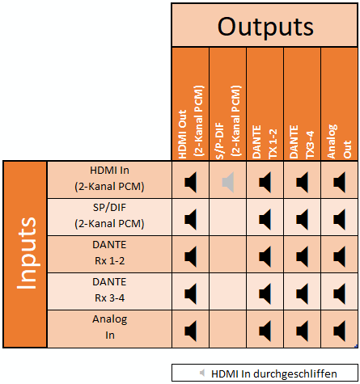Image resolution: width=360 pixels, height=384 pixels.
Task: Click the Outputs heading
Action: coord(265,27)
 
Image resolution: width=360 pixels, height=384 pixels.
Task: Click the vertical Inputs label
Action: coord(26,253)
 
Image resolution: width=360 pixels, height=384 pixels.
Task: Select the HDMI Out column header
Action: coord(191,122)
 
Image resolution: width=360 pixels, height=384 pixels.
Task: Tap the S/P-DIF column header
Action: coord(228,122)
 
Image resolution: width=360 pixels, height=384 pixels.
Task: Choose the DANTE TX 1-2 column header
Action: coord(265,141)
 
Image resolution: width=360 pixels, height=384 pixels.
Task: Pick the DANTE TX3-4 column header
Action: coord(302,141)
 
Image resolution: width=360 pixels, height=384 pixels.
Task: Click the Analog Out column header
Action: coord(339,141)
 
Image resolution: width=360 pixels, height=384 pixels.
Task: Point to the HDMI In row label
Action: coord(109,179)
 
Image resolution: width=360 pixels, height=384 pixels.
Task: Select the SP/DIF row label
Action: coord(109,216)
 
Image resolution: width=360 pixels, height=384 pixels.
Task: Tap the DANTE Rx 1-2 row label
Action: coord(109,253)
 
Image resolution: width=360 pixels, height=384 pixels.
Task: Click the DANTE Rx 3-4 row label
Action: coord(109,290)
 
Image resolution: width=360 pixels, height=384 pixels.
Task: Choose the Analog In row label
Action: coord(109,327)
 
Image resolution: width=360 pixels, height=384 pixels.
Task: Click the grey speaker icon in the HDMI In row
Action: coord(228,183)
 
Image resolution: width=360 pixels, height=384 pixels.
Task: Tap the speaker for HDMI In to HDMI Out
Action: coord(191,183)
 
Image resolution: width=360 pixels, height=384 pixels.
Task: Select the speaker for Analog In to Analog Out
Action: coord(339,331)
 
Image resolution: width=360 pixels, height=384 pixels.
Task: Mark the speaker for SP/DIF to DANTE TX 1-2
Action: coord(265,220)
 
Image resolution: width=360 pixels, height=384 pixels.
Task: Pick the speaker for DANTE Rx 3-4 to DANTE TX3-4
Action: coord(302,293)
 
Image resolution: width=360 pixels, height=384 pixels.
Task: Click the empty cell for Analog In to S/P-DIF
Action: coord(228,329)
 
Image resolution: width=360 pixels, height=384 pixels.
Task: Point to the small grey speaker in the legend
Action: coord(202,373)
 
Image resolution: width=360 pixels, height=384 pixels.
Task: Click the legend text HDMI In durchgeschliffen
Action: coord(274,374)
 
